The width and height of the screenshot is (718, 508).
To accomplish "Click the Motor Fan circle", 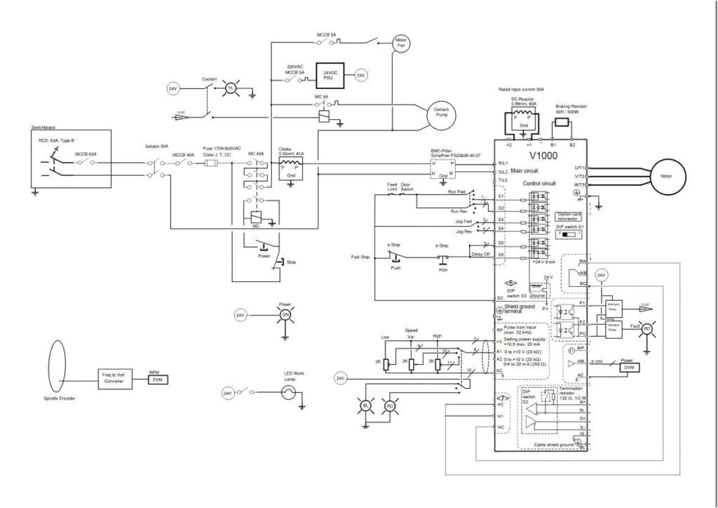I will (x=401, y=42).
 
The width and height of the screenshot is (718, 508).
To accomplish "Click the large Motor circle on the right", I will (x=665, y=176).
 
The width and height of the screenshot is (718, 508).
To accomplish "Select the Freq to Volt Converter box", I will (x=114, y=380).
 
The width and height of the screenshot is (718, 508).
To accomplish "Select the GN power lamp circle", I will (x=285, y=316).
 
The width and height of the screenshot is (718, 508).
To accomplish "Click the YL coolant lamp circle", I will (x=227, y=88).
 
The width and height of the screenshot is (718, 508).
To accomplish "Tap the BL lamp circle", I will (x=365, y=406).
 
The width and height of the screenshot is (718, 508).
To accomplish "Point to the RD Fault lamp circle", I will (x=647, y=328).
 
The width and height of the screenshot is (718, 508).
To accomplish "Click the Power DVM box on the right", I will (x=628, y=366).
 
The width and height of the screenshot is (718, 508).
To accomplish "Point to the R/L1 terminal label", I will (x=502, y=163).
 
